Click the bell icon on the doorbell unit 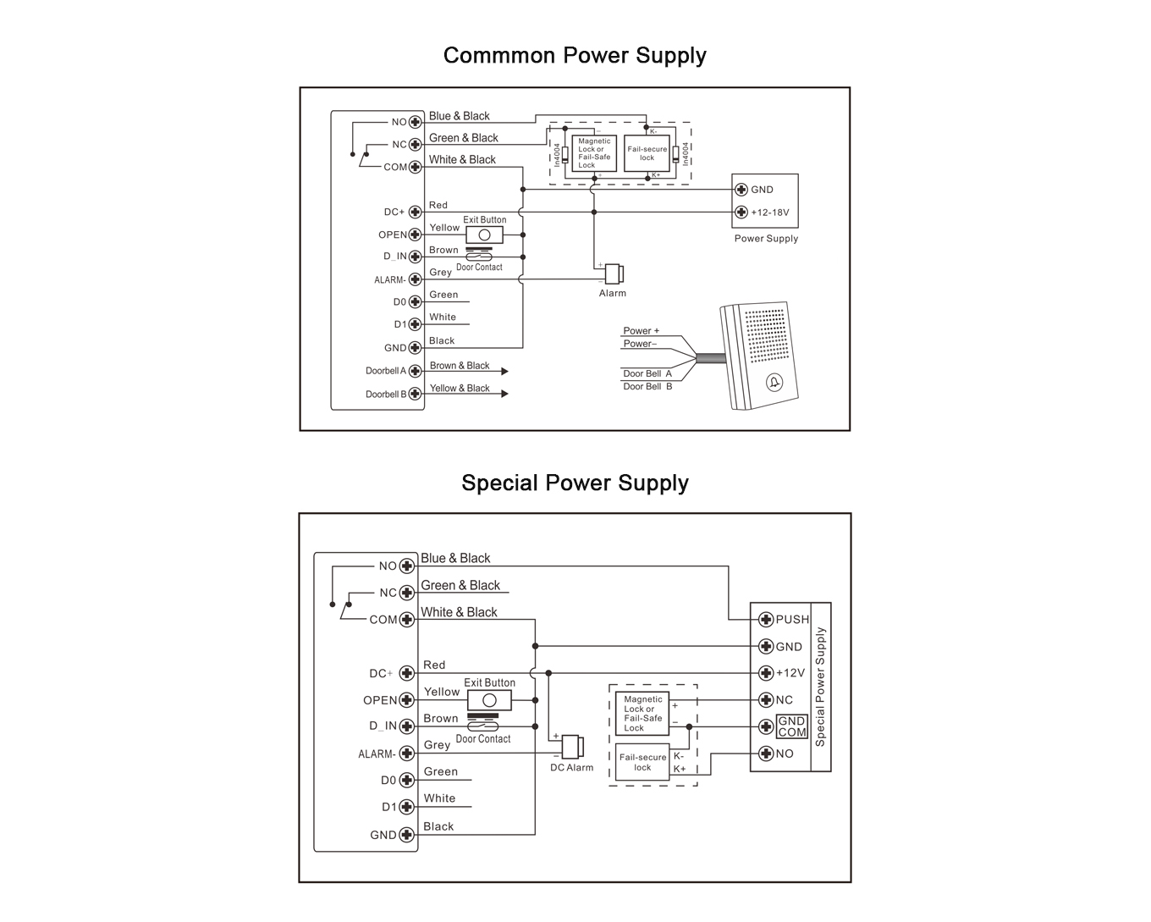pos(774,383)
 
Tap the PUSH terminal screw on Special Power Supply pos(766,619)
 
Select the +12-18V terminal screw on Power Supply pos(741,213)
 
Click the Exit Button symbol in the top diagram pos(485,235)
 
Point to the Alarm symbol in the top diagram pos(614,274)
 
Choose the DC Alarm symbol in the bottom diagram pos(572,747)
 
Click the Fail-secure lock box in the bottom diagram pos(642,762)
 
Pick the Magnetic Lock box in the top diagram pos(594,153)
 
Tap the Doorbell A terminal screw pos(415,372)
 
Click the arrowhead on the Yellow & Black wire pos(504,394)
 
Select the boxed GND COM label pos(791,726)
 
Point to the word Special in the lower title pos(499,483)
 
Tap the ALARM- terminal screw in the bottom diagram pos(407,754)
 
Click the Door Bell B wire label pos(647,386)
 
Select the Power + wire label pos(642,331)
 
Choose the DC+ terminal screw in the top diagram pos(415,213)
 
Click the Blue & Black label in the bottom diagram pos(455,558)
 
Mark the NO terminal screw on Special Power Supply pos(766,754)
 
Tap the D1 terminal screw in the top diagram pos(415,324)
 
